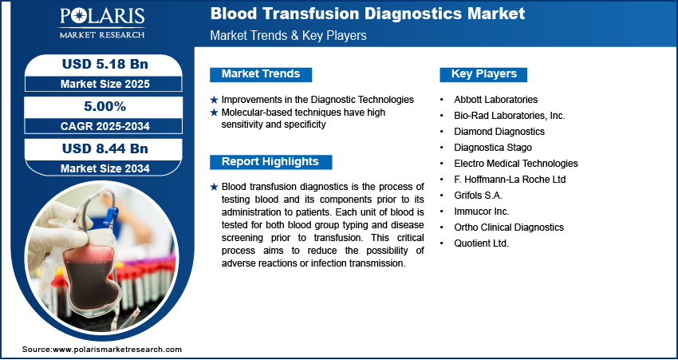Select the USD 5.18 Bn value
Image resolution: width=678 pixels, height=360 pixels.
coord(105,64)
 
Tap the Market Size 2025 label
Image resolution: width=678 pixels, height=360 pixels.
coord(105,84)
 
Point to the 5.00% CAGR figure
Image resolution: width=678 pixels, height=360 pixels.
coord(104,106)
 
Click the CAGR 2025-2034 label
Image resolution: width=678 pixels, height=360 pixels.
coord(105,126)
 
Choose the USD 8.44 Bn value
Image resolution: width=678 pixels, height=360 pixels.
coord(105,148)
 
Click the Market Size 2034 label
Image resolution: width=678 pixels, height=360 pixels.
coord(105,168)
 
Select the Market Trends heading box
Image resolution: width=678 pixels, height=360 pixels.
coord(261,74)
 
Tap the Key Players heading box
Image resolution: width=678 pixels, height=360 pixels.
coord(483,74)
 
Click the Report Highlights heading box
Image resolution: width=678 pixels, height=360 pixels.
coord(270,162)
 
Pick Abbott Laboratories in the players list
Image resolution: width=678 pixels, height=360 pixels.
coord(495,100)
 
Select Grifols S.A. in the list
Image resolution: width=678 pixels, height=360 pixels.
coord(478,195)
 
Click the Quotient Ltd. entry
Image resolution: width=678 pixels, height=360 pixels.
coord(481,243)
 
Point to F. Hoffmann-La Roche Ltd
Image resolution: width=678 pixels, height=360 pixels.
coord(510,179)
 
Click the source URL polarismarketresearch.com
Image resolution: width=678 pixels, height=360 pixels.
coord(117,349)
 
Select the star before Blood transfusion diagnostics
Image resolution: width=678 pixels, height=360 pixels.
coord(214,187)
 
